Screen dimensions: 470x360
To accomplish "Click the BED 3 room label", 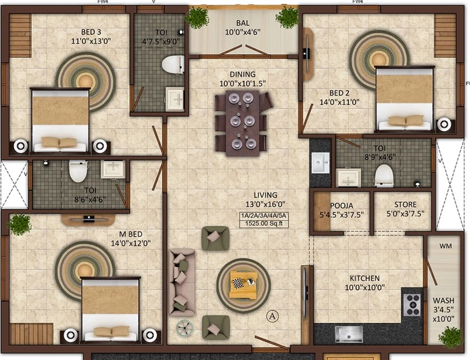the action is pyautogui.click(x=91, y=32).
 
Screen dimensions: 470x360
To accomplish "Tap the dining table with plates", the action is pyautogui.click(x=242, y=123).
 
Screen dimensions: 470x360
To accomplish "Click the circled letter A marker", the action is pyautogui.click(x=272, y=316).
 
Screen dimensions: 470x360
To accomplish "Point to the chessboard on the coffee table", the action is pyautogui.click(x=238, y=283).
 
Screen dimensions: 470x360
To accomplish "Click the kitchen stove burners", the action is pyautogui.click(x=412, y=305).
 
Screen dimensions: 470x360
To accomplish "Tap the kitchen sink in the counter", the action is pyautogui.click(x=349, y=334).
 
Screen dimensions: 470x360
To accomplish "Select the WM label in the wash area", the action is pyautogui.click(x=445, y=246).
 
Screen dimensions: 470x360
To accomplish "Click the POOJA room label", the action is pyautogui.click(x=342, y=205).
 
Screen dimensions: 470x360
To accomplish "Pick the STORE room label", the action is pyautogui.click(x=405, y=204).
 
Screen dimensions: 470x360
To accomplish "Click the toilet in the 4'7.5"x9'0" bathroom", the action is pyautogui.click(x=173, y=64).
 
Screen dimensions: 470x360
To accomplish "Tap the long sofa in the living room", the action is pyautogui.click(x=182, y=282).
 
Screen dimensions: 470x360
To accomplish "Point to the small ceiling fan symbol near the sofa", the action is pyautogui.click(x=184, y=328).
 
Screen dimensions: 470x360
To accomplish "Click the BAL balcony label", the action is pyautogui.click(x=242, y=23).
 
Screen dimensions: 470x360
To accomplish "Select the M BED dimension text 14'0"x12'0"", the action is pyautogui.click(x=131, y=243).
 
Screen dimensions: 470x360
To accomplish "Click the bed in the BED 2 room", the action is pyautogui.click(x=404, y=99).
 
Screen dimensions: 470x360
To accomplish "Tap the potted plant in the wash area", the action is pyautogui.click(x=450, y=337).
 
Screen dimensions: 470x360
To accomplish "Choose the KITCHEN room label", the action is pyautogui.click(x=364, y=278).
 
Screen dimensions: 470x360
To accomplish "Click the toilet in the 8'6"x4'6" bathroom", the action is pyautogui.click(x=78, y=171).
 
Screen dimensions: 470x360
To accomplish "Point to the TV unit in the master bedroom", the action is pyautogui.click(x=88, y=219).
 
